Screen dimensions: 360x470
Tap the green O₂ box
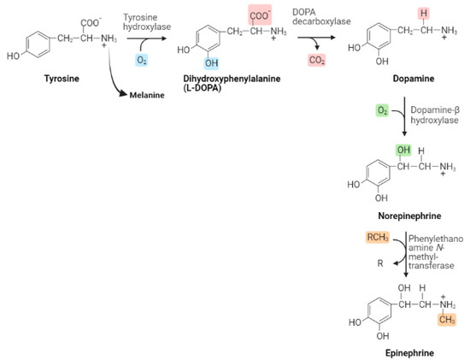tap(384, 111)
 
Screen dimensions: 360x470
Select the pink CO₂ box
tap(319, 60)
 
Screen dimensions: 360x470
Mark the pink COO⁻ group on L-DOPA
tap(260, 13)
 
